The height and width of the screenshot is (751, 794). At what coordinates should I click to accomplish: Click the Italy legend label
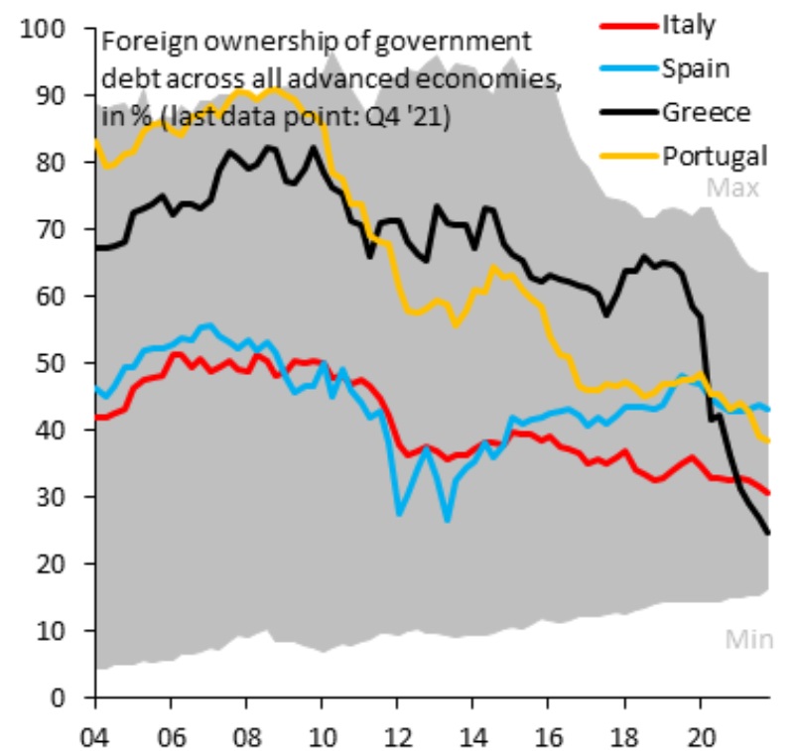click(688, 25)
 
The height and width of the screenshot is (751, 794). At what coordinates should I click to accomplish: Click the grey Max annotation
click(733, 188)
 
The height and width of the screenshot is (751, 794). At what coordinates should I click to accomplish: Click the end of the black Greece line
click(768, 533)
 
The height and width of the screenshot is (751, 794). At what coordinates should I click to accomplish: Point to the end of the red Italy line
click(769, 493)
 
